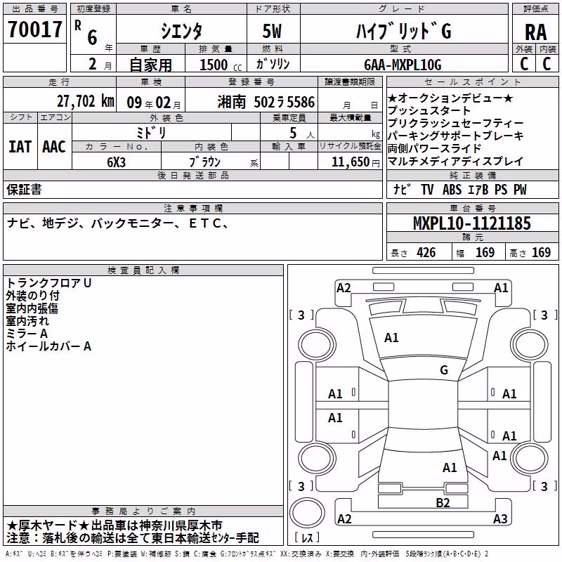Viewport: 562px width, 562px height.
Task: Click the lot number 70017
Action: tap(34, 30)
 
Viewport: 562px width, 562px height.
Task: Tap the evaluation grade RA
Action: tap(535, 32)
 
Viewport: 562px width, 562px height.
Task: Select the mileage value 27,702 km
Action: tap(85, 101)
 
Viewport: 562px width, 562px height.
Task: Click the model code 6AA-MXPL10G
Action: tap(403, 65)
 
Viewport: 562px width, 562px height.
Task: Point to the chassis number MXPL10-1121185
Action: tap(471, 223)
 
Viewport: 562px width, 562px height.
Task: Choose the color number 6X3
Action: tap(116, 162)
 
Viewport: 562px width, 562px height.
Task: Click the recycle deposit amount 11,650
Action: tap(350, 162)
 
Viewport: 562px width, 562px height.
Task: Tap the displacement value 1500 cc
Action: tap(221, 65)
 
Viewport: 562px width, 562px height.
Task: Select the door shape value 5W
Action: tap(272, 31)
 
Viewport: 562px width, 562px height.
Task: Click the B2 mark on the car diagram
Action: tap(443, 502)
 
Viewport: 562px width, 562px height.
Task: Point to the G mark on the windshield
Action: tap(444, 370)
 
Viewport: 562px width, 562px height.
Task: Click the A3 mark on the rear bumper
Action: tap(500, 518)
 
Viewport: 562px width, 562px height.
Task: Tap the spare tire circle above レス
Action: tap(307, 512)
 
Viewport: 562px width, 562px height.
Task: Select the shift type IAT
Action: tap(20, 147)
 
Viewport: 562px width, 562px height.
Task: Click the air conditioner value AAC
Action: tap(54, 147)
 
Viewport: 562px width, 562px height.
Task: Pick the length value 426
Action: tap(426, 253)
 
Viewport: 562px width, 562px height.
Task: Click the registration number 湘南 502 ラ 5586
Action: tap(266, 102)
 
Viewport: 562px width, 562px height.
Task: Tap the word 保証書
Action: tap(24, 189)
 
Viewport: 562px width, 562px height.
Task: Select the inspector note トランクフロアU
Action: tap(48, 283)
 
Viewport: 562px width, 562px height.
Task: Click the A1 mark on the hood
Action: tap(391, 337)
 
